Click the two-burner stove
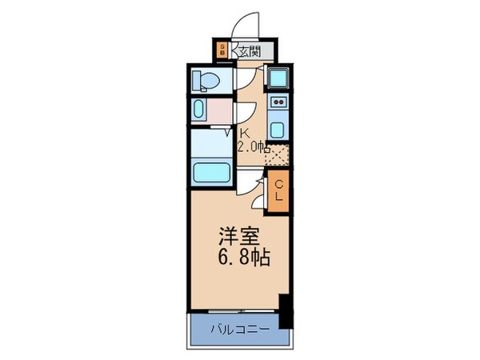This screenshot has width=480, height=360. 278,102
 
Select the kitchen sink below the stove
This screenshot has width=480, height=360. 278,130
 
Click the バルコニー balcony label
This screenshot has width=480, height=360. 238,328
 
